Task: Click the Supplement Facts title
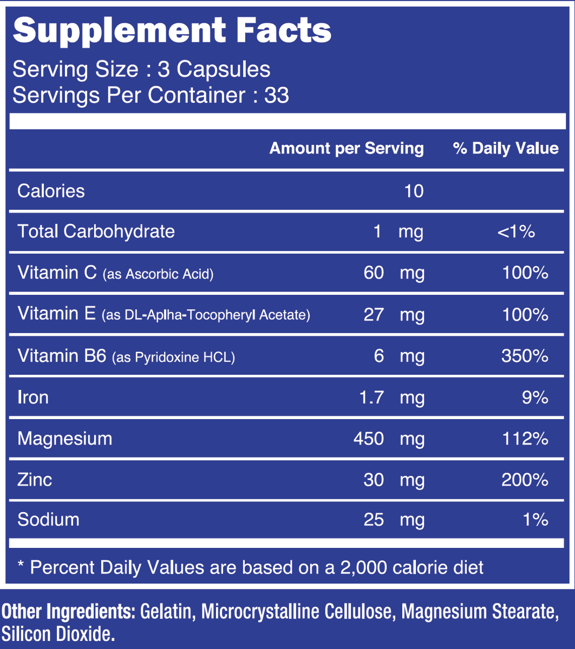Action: [x=172, y=31]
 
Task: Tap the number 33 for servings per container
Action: [x=277, y=95]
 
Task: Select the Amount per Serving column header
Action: [x=347, y=148]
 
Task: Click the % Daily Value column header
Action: [x=506, y=148]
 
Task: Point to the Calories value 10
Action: [x=414, y=191]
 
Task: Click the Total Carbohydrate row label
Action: [x=96, y=231]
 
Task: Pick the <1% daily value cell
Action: [x=516, y=231]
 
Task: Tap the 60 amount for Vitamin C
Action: [x=374, y=273]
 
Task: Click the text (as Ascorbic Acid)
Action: [x=158, y=274]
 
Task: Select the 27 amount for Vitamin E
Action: [x=374, y=315]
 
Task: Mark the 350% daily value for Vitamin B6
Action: [x=525, y=356]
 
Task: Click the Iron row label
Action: [x=32, y=397]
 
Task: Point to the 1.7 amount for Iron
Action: [x=371, y=398]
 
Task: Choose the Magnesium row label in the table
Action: [x=65, y=438]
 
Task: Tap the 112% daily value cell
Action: [x=525, y=439]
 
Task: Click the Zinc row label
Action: [x=35, y=480]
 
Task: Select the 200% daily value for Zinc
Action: [x=525, y=480]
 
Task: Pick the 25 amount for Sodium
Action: [x=374, y=520]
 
